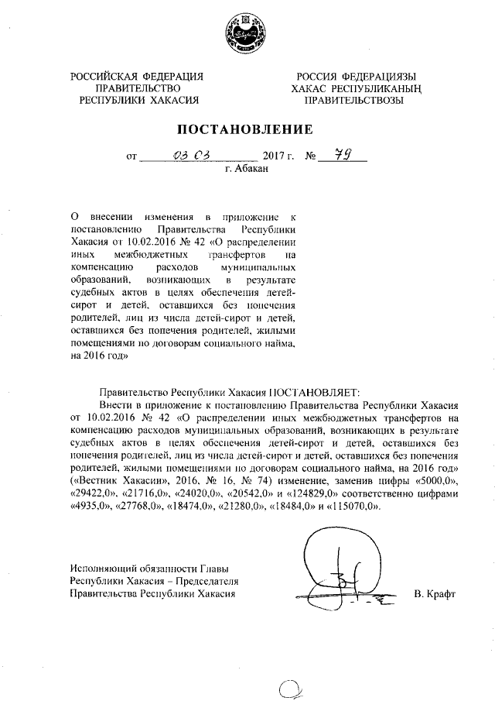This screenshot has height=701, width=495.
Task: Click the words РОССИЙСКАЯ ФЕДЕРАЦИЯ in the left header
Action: pyautogui.click(x=138, y=76)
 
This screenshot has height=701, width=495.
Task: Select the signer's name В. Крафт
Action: pyautogui.click(x=435, y=594)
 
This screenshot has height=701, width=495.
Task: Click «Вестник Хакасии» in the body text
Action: pyautogui.click(x=112, y=481)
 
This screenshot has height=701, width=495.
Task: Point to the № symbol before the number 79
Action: pyautogui.click(x=312, y=156)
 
